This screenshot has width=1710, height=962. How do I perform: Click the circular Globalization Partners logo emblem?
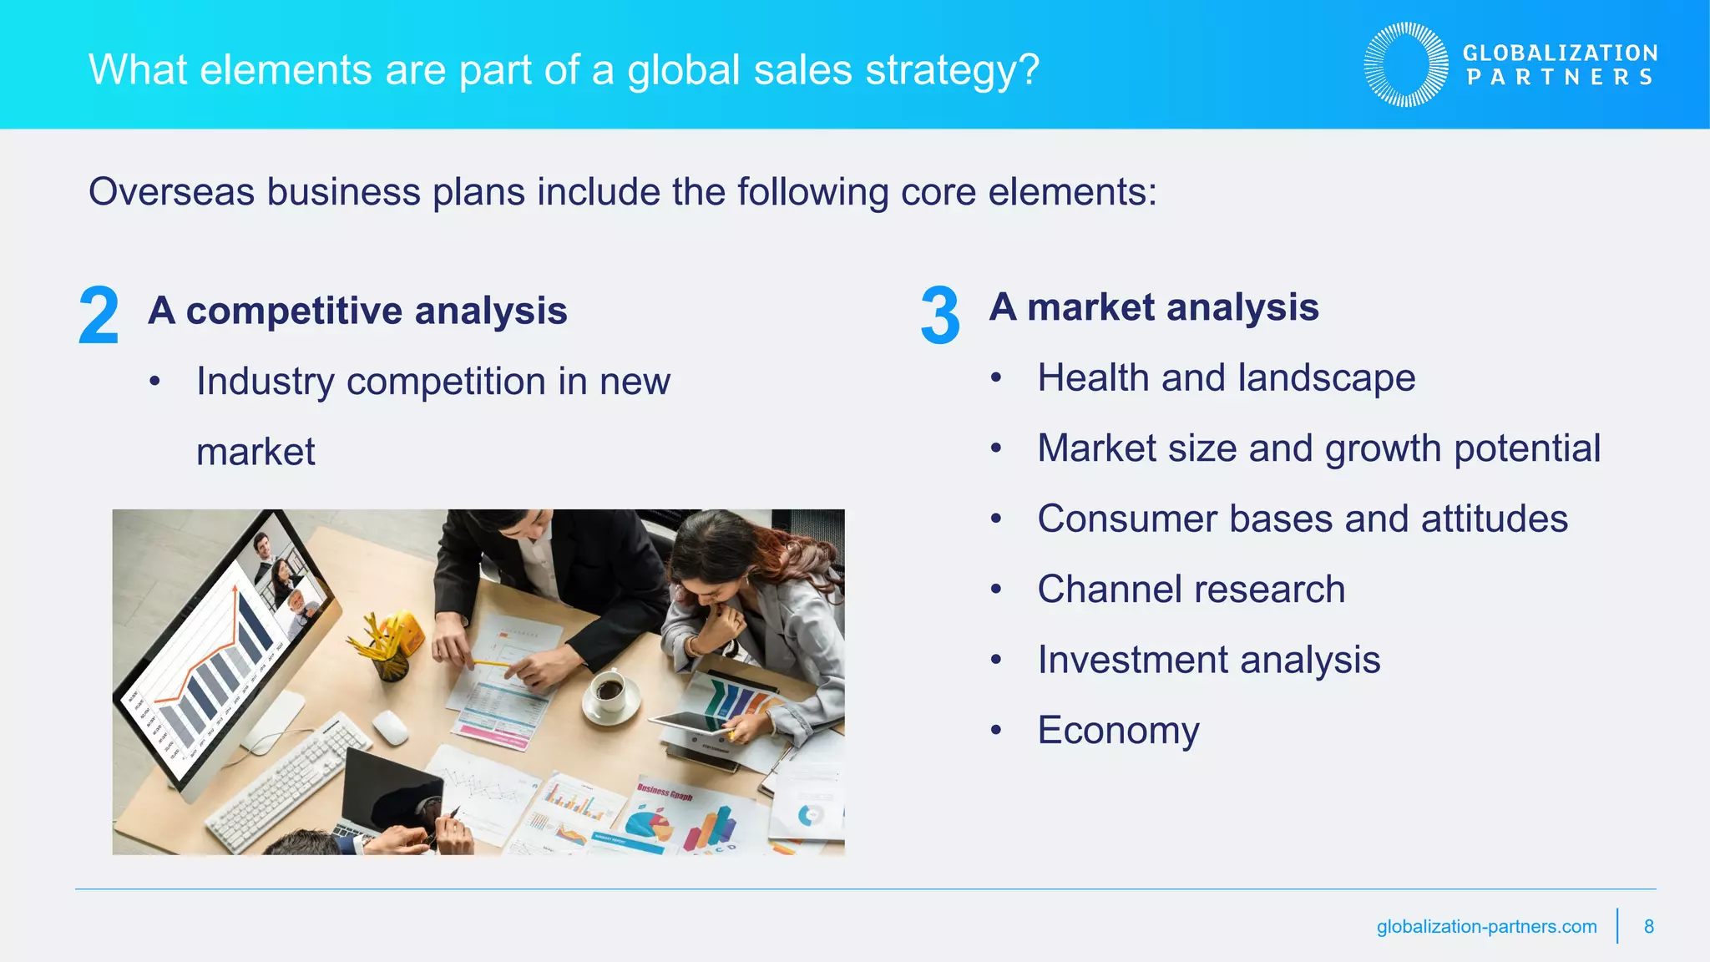tap(1406, 65)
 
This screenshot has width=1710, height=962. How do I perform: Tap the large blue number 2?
tap(99, 316)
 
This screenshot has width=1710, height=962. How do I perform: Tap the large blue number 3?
tap(940, 316)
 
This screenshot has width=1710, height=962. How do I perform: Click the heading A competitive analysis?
tap(357, 311)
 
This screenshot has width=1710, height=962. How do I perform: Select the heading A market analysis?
tap(1154, 307)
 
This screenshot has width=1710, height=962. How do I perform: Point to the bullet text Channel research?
tap(1191, 590)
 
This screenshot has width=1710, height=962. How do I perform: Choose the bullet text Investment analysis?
tap(1208, 660)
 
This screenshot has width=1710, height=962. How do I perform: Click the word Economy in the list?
tap(1118, 731)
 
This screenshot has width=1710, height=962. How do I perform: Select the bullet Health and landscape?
tap(1226, 377)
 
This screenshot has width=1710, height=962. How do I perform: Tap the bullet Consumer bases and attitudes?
tap(1302, 519)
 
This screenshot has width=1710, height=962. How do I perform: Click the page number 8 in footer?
tap(1648, 926)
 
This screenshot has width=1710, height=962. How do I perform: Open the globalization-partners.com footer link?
tap(1486, 926)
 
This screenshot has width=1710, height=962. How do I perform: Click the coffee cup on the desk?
tap(609, 691)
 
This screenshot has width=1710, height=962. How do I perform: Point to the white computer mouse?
tap(390, 727)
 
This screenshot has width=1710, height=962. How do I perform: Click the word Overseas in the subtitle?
tap(171, 192)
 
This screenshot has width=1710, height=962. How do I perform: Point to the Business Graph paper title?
tap(665, 791)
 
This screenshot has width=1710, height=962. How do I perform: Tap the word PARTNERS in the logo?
tap(1560, 78)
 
